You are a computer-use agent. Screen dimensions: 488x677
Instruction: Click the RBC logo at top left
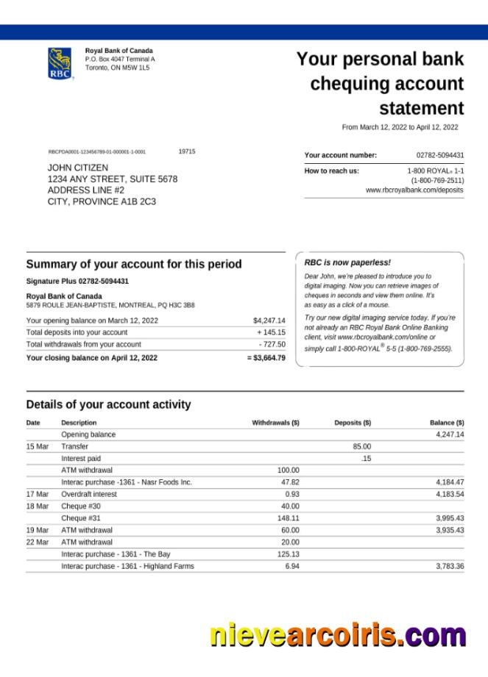(x=60, y=63)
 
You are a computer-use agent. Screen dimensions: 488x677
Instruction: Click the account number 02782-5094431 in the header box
(x=440, y=155)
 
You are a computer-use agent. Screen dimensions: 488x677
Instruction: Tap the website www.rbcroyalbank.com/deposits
(x=414, y=190)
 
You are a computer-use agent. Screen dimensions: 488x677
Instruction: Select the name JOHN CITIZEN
(x=77, y=168)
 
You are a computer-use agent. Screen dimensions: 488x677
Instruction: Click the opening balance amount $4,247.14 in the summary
(x=269, y=320)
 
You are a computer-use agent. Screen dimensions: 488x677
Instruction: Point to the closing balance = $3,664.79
(x=266, y=358)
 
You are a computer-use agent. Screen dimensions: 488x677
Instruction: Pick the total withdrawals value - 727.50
(x=272, y=344)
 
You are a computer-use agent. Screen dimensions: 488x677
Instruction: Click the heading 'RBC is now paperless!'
(x=347, y=262)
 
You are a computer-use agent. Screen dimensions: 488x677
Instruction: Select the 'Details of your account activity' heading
(x=108, y=404)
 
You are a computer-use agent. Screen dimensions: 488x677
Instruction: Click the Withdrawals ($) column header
(x=275, y=423)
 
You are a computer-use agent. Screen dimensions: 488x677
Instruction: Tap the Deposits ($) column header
(x=353, y=423)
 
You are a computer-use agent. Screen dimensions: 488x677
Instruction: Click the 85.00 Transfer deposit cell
(x=361, y=446)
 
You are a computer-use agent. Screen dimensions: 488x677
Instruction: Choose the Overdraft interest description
(x=89, y=494)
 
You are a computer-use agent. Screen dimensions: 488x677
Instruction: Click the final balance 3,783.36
(x=449, y=566)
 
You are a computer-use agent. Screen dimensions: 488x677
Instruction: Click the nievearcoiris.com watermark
(x=337, y=634)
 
